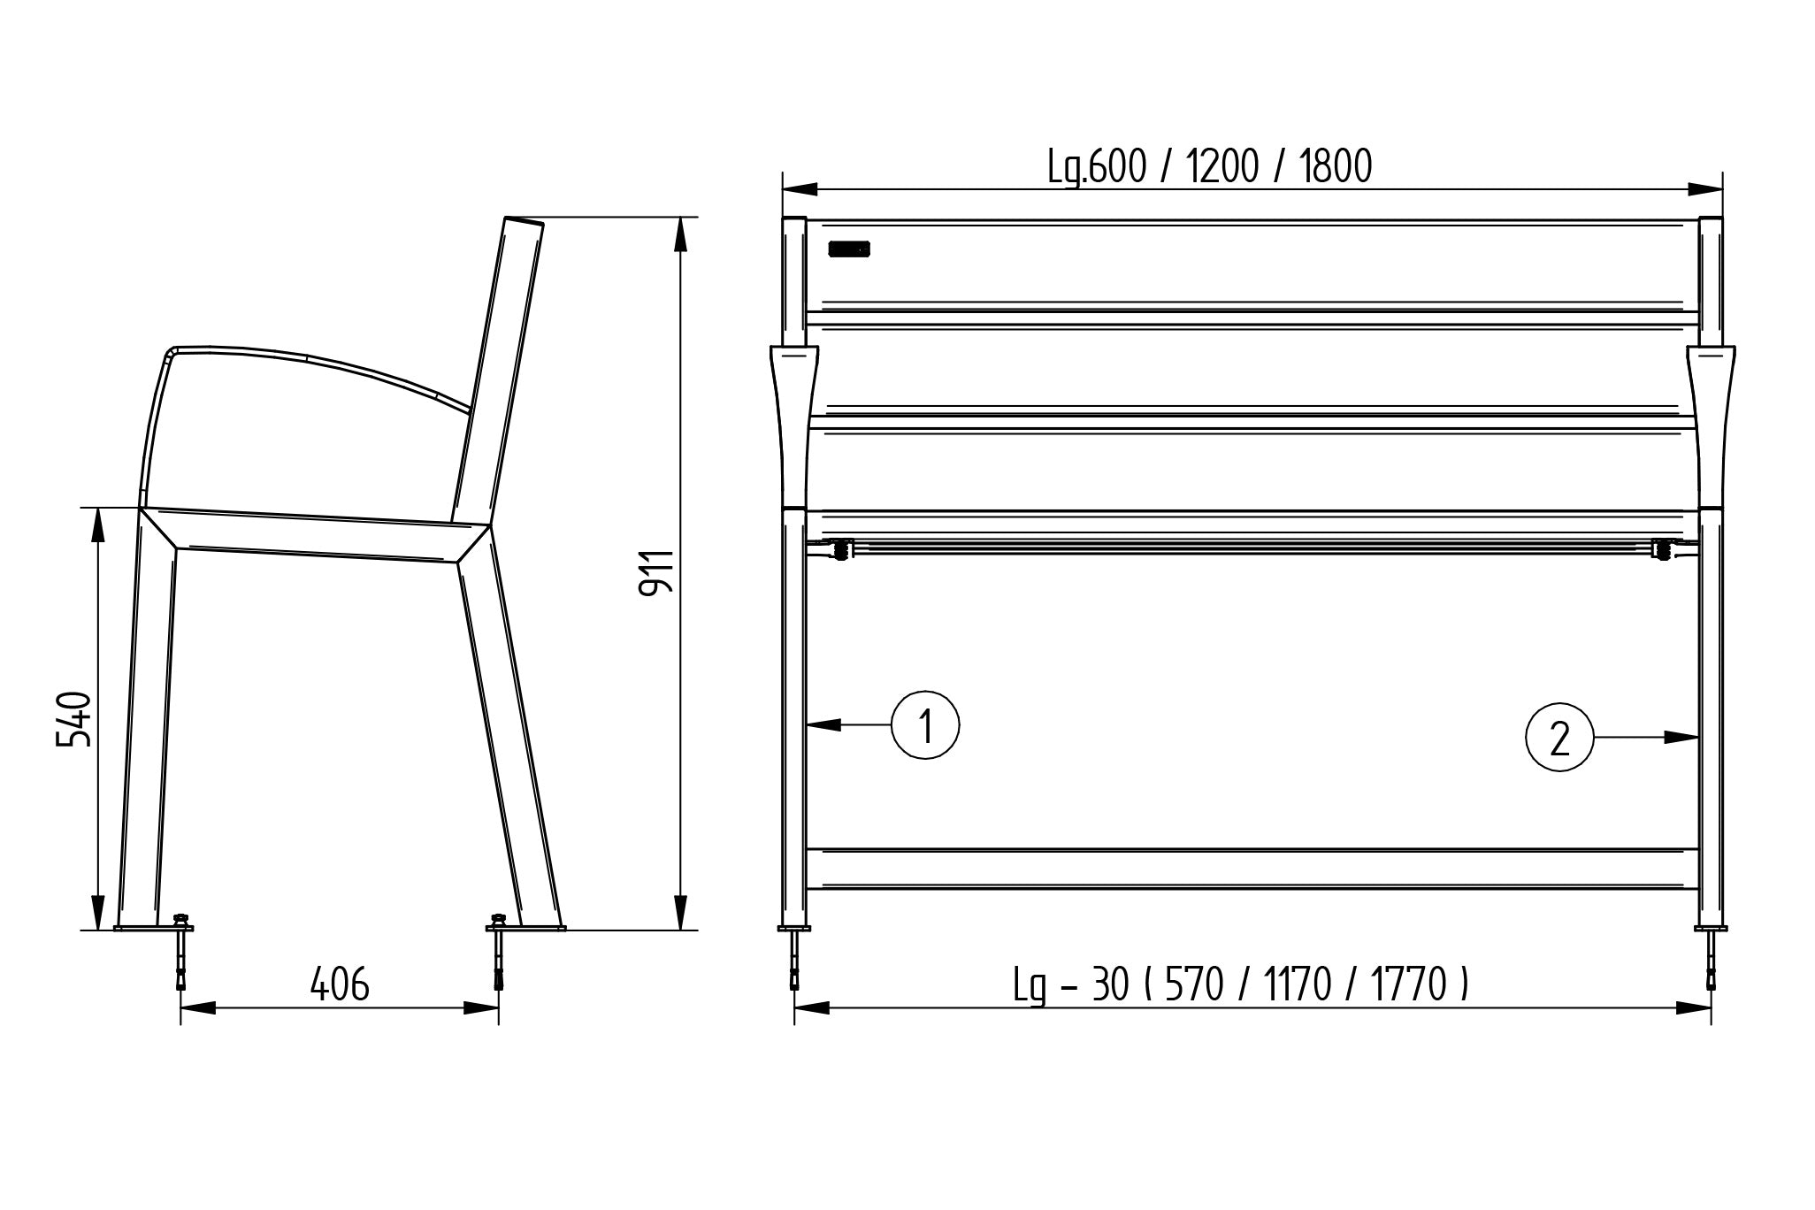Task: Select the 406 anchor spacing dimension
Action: [339, 984]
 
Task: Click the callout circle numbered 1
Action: [925, 726]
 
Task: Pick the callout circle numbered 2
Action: [1559, 737]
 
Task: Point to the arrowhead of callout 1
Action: [823, 725]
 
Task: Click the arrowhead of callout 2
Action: [1681, 737]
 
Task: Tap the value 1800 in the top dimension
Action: [1336, 166]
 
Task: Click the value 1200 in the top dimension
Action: [1221, 166]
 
